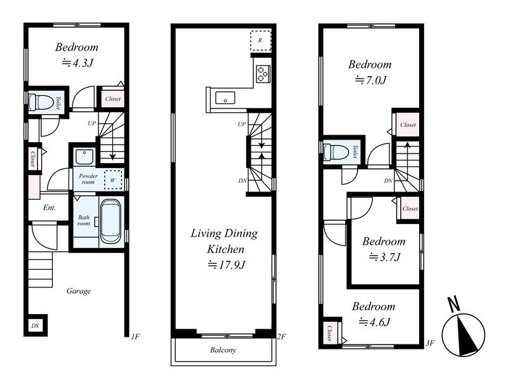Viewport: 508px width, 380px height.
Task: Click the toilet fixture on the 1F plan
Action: point(41,102)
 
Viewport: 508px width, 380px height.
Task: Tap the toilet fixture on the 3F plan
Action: point(337,152)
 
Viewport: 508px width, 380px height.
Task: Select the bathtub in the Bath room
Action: point(110,222)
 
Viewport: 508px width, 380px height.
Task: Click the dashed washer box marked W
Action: point(113,180)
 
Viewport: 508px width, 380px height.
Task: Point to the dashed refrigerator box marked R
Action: point(260,41)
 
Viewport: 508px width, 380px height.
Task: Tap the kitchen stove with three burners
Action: point(263,74)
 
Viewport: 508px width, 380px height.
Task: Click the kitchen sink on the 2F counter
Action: point(225,98)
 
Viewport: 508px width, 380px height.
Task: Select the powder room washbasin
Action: point(84,157)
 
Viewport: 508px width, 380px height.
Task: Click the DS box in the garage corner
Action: point(36,325)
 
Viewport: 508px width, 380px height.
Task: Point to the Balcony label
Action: point(223,350)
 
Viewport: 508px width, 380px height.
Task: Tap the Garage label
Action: point(78,291)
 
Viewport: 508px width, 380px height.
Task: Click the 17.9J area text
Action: point(227,265)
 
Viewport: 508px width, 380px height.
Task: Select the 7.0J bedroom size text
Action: point(371,80)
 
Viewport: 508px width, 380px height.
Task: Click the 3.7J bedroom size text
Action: point(385,257)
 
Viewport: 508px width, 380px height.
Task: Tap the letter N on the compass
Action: point(453,304)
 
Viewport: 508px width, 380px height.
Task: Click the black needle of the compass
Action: point(467,335)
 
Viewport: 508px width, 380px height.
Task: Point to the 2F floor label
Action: point(281,337)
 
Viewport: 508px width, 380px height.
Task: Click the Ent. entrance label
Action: point(50,207)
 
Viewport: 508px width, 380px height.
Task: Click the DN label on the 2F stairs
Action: point(243,181)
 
